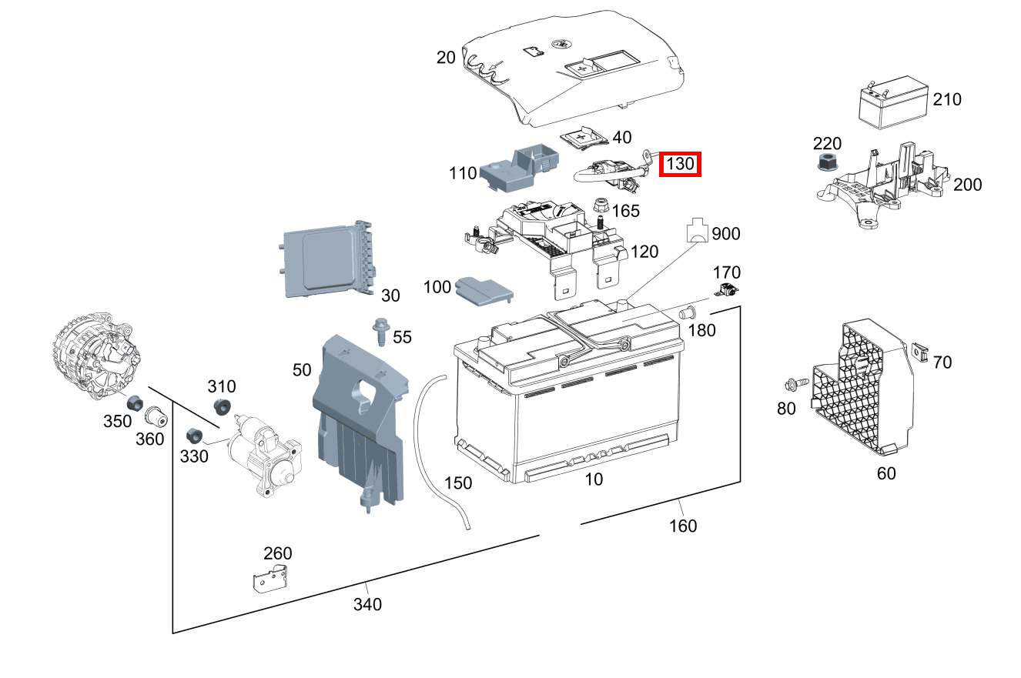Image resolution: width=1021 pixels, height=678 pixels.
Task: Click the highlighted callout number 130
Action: (x=680, y=163)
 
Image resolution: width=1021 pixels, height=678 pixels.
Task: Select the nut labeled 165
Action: (x=601, y=205)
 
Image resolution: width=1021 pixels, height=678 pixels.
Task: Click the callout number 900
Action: (x=725, y=233)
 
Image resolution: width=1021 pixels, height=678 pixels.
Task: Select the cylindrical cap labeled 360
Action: (x=157, y=416)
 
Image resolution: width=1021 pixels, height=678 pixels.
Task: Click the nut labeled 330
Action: (x=195, y=435)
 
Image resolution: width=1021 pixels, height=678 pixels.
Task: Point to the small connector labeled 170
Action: (x=727, y=291)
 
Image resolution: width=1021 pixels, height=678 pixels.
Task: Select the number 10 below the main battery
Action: (x=594, y=479)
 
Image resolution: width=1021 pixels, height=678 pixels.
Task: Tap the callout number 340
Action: (x=367, y=604)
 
